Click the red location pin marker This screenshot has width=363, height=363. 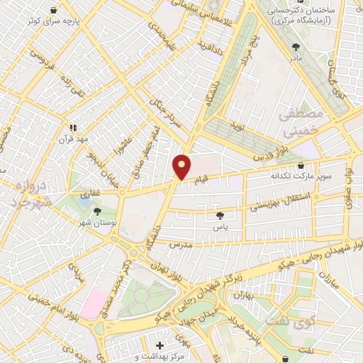[181, 167]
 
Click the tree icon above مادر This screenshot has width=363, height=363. [296, 47]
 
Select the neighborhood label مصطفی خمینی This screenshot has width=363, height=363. [301, 123]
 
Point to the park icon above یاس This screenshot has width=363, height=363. [220, 216]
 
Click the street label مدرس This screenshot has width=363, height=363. [181, 244]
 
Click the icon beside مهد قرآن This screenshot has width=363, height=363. [72, 128]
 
